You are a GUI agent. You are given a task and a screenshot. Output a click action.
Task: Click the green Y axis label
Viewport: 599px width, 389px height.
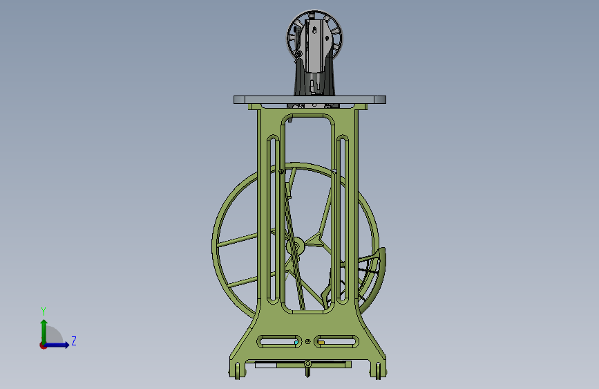(x=44, y=311)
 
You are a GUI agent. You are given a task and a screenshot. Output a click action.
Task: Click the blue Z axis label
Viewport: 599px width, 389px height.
(x=74, y=341)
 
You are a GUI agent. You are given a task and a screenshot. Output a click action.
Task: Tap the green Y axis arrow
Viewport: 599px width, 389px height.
(x=44, y=332)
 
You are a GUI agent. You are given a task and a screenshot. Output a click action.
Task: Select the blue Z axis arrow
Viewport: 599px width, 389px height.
(x=56, y=345)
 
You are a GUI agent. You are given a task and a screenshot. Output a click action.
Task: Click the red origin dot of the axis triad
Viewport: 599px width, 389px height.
(x=43, y=345)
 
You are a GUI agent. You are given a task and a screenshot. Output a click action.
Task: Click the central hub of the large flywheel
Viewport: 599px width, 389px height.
(x=295, y=246)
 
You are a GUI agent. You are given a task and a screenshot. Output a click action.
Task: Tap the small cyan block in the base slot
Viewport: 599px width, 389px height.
(x=296, y=343)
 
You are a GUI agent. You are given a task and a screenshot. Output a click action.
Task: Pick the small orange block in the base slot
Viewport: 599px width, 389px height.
(x=322, y=343)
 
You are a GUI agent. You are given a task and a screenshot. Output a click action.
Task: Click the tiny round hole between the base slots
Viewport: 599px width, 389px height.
(x=308, y=341)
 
